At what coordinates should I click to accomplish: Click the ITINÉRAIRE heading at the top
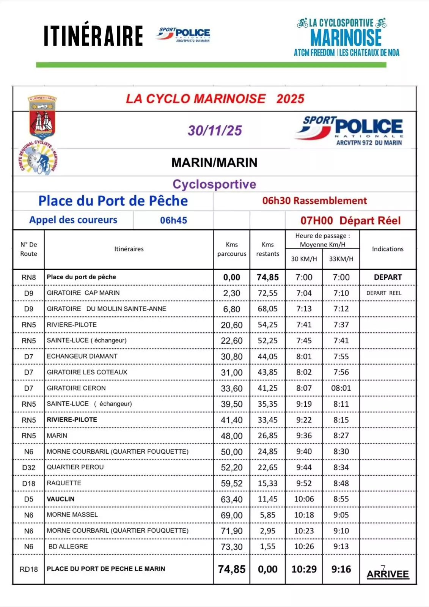(x=93, y=36)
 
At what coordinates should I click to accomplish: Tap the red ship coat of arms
(x=42, y=117)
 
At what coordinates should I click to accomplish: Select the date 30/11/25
(x=215, y=131)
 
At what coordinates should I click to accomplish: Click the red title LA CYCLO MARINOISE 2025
(x=215, y=99)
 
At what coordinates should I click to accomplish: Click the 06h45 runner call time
(x=173, y=220)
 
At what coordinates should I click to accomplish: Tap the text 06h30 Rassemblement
(x=314, y=201)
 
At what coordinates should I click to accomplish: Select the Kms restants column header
(x=267, y=249)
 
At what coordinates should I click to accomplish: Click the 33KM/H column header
(x=341, y=259)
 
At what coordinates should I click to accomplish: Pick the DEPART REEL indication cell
(x=384, y=293)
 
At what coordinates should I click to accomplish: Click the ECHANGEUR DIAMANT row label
(x=82, y=356)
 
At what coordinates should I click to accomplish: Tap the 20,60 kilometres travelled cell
(x=231, y=325)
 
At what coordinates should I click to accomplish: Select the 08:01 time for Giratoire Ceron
(x=341, y=388)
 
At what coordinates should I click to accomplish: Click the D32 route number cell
(x=29, y=467)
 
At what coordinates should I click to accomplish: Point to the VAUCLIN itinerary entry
(x=61, y=499)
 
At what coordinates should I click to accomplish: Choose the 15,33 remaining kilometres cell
(x=267, y=483)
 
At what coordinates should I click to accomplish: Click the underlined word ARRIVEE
(x=388, y=574)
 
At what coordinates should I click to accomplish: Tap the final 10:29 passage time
(x=304, y=569)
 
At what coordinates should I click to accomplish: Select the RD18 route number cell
(x=29, y=569)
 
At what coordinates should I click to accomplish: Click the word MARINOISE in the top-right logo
(x=346, y=38)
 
